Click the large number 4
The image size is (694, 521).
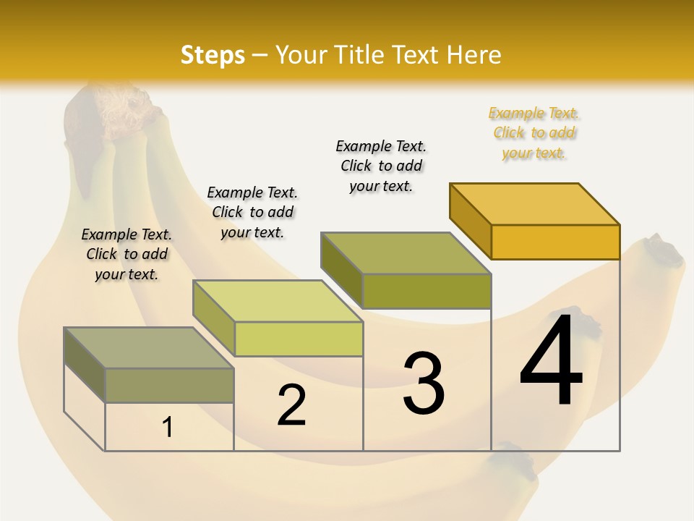click(552, 360)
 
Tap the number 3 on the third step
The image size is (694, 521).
click(424, 384)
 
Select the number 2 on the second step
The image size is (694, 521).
click(292, 405)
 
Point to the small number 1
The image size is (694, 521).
click(168, 428)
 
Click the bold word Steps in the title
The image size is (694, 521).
click(213, 55)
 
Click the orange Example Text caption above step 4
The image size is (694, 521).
click(534, 133)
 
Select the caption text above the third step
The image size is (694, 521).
click(381, 166)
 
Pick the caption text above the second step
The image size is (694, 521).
click(252, 212)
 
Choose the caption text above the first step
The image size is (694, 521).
click(127, 254)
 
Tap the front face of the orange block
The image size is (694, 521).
click(555, 242)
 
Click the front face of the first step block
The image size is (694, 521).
click(169, 386)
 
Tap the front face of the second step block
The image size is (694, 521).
click(299, 339)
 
